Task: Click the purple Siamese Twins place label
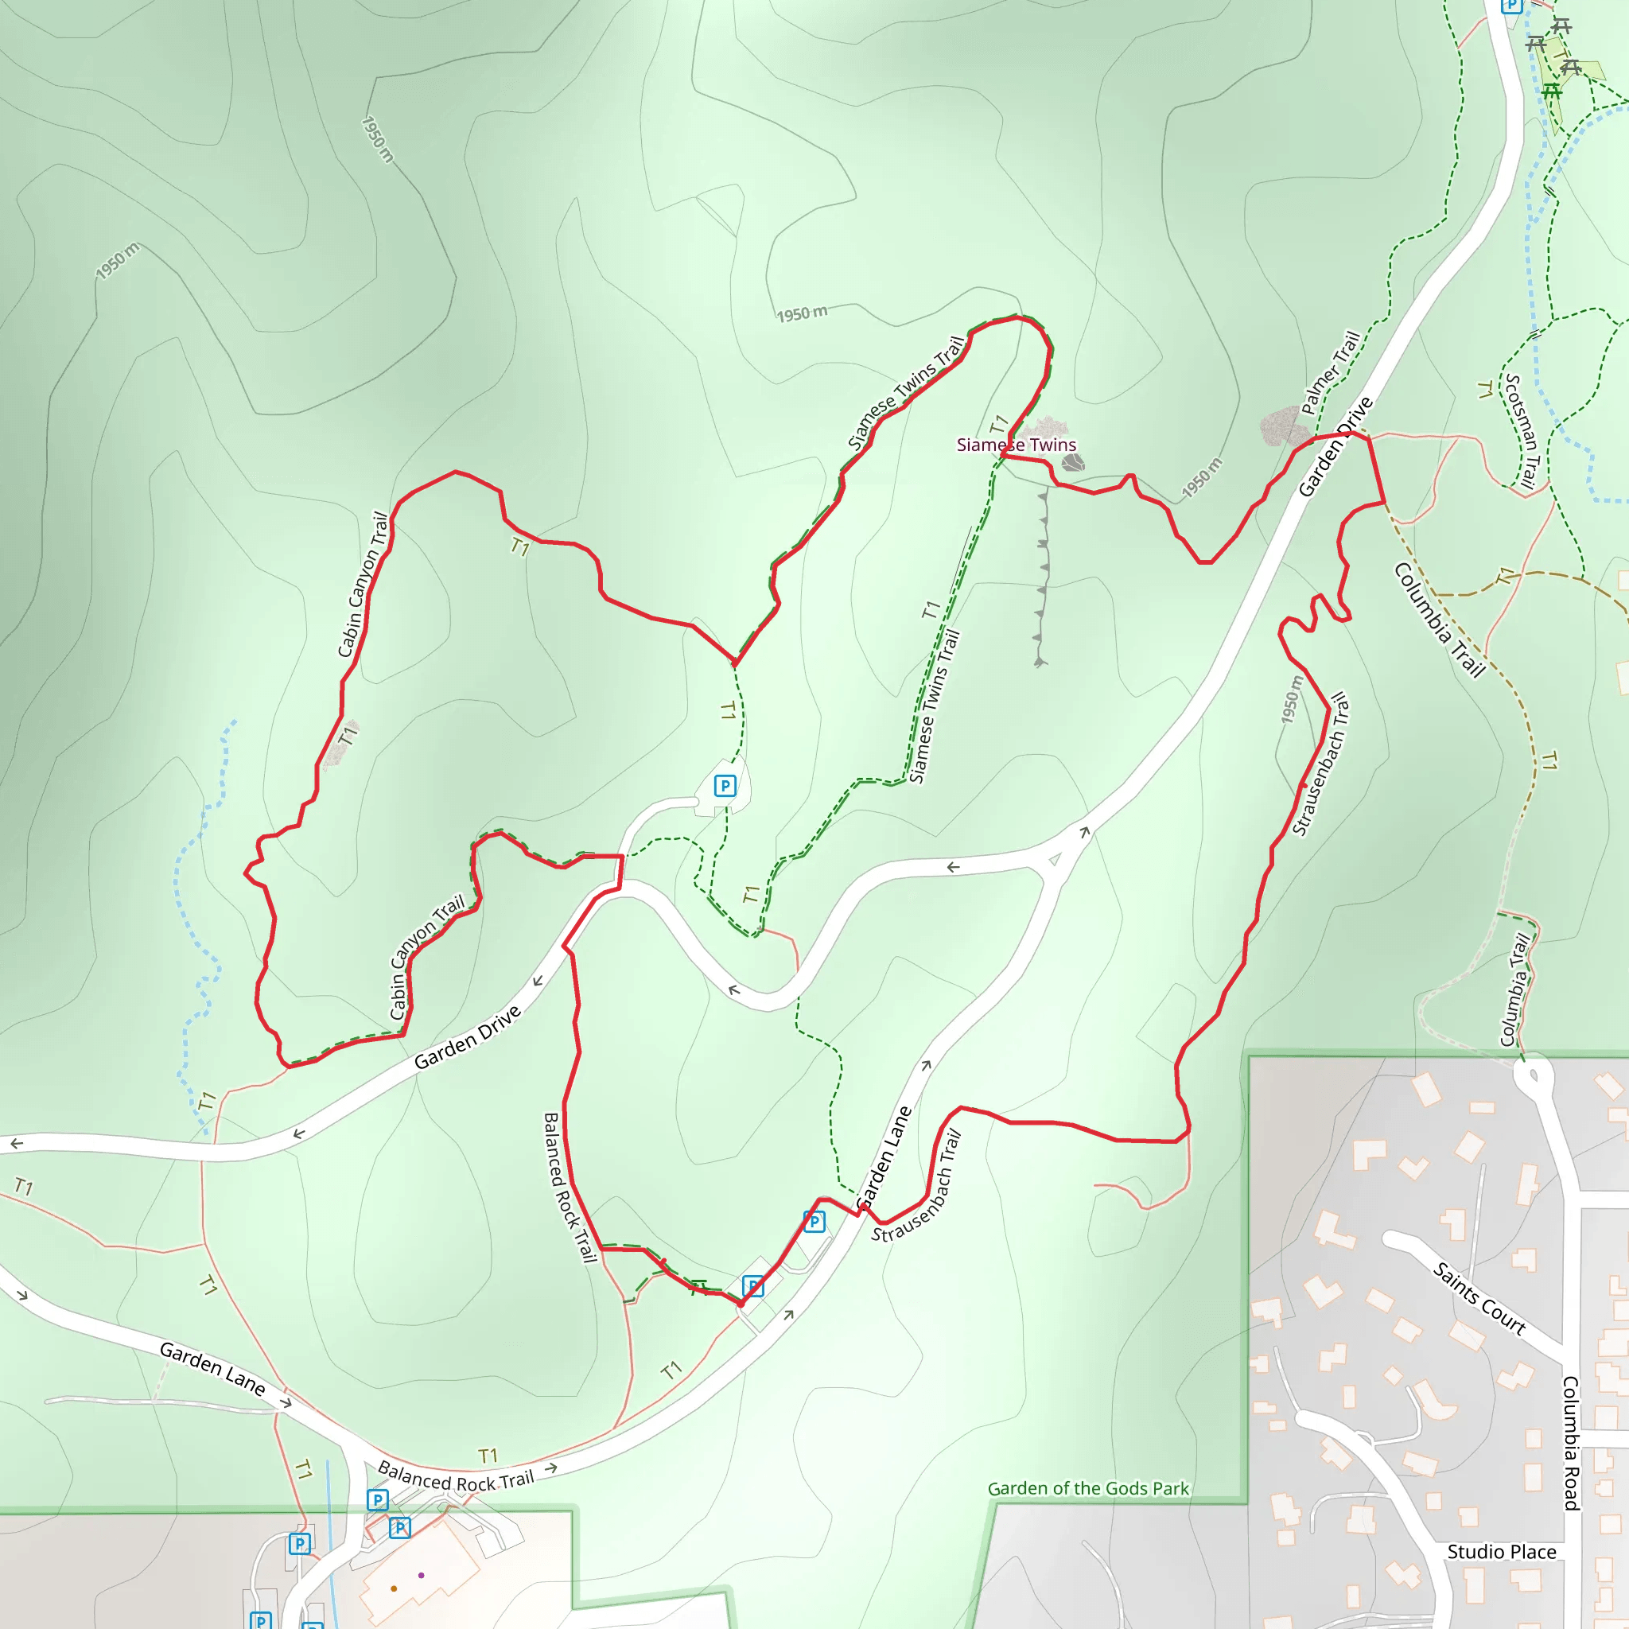point(1016,445)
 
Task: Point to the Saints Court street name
point(1479,1297)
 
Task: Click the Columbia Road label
point(1570,1443)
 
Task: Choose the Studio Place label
point(1502,1551)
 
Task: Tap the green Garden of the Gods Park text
point(1087,1488)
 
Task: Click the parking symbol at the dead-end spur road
point(725,786)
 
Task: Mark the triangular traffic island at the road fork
point(1054,860)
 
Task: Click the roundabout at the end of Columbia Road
point(1532,1076)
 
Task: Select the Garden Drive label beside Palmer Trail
point(1335,446)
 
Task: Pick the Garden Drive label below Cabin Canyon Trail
point(467,1038)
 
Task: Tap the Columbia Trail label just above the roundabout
point(1514,988)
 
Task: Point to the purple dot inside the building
point(421,1575)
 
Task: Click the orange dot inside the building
point(394,1588)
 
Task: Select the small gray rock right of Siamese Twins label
point(1072,462)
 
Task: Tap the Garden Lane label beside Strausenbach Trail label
point(884,1157)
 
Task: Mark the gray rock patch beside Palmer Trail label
point(1283,426)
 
